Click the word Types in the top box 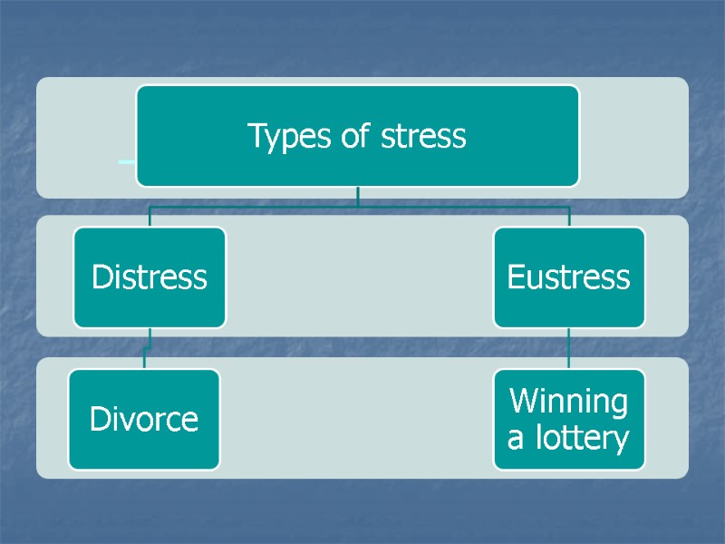(x=282, y=137)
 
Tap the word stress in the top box (x=423, y=137)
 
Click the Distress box (x=150, y=277)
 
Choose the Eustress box (x=568, y=277)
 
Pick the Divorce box (x=144, y=419)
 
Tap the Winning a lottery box (x=568, y=419)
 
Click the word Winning (x=568, y=401)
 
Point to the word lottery (x=584, y=439)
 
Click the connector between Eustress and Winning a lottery (x=568, y=348)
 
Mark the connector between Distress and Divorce (x=148, y=348)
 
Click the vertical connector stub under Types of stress (x=358, y=195)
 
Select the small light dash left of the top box (x=127, y=161)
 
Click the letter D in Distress (x=101, y=277)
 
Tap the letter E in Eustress (x=516, y=277)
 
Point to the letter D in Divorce (x=99, y=419)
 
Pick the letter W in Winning (x=523, y=401)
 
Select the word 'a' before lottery (x=516, y=440)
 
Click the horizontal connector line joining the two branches (x=358, y=208)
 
